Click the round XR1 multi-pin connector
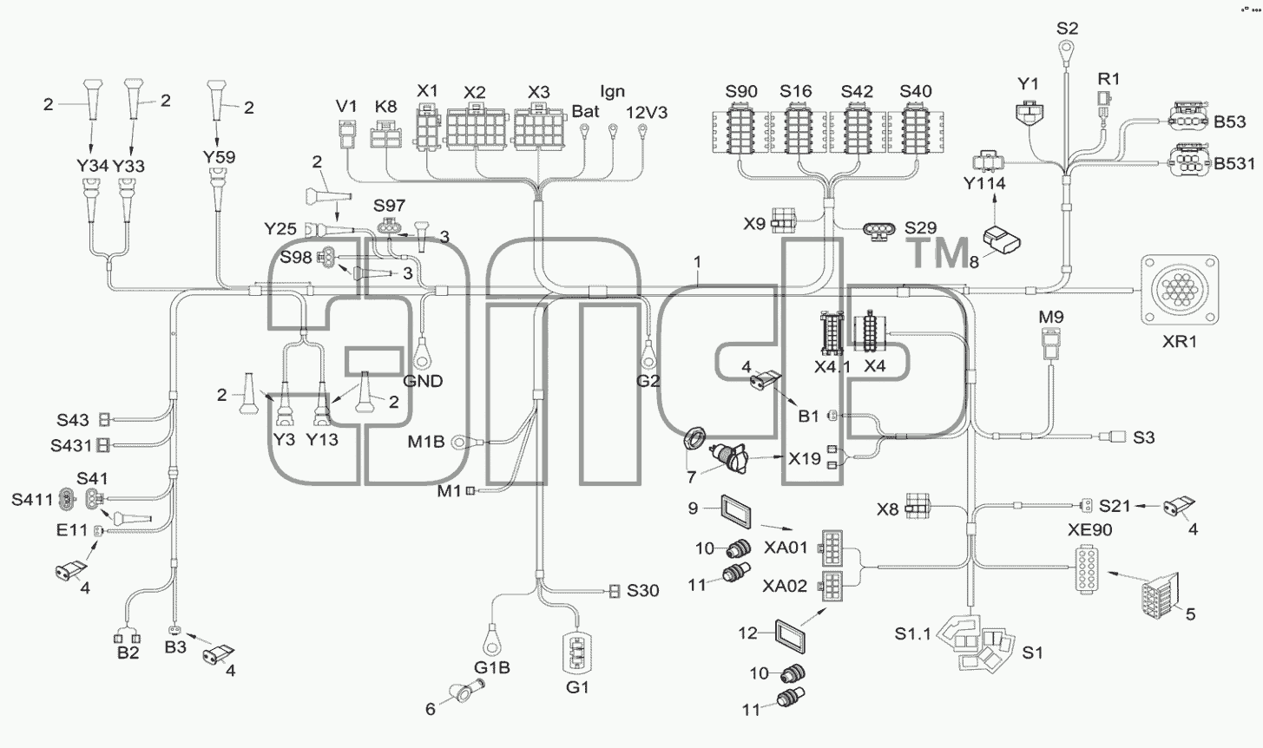[1180, 290]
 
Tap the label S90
[741, 91]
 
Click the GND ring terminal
[421, 355]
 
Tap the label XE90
[1090, 530]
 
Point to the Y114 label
[984, 184]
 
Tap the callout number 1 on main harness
[697, 262]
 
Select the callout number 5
[1190, 613]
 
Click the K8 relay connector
[385, 135]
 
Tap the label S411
[32, 500]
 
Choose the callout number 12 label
[747, 633]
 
